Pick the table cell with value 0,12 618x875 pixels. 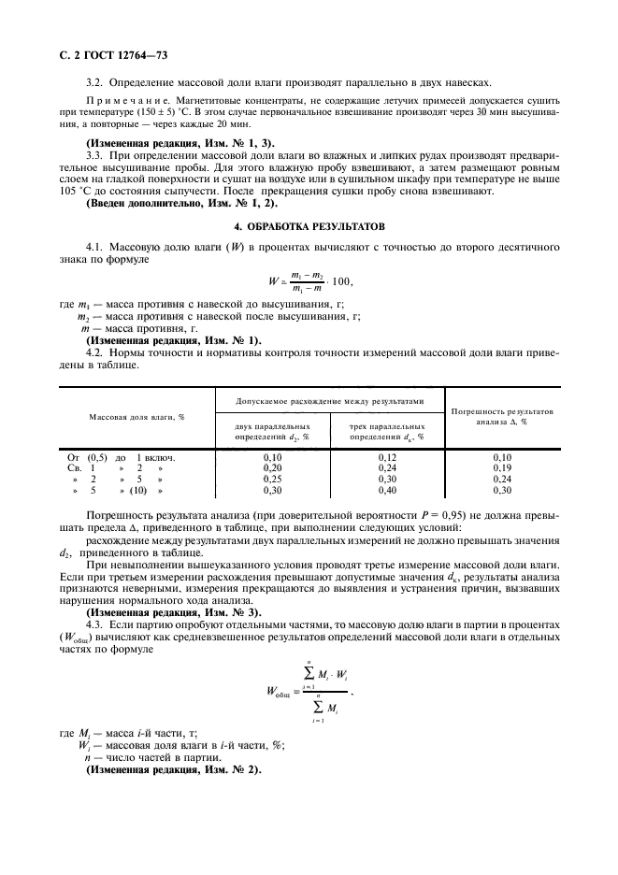pos(385,457)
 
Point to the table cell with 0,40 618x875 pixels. pos(385,490)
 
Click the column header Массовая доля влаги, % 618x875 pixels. pos(137,416)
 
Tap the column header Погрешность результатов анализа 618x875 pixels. pos(502,416)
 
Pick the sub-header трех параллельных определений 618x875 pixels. pos(386,431)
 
